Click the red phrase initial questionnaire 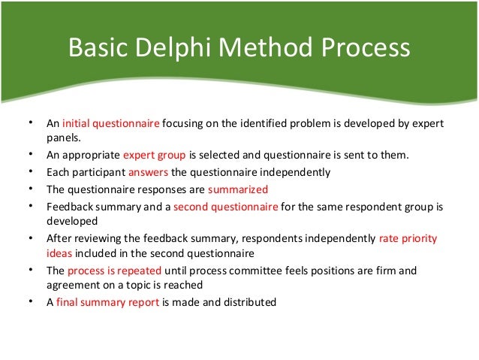(x=110, y=123)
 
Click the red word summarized (x=238, y=188)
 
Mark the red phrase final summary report (x=106, y=302)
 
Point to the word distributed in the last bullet (x=251, y=302)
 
